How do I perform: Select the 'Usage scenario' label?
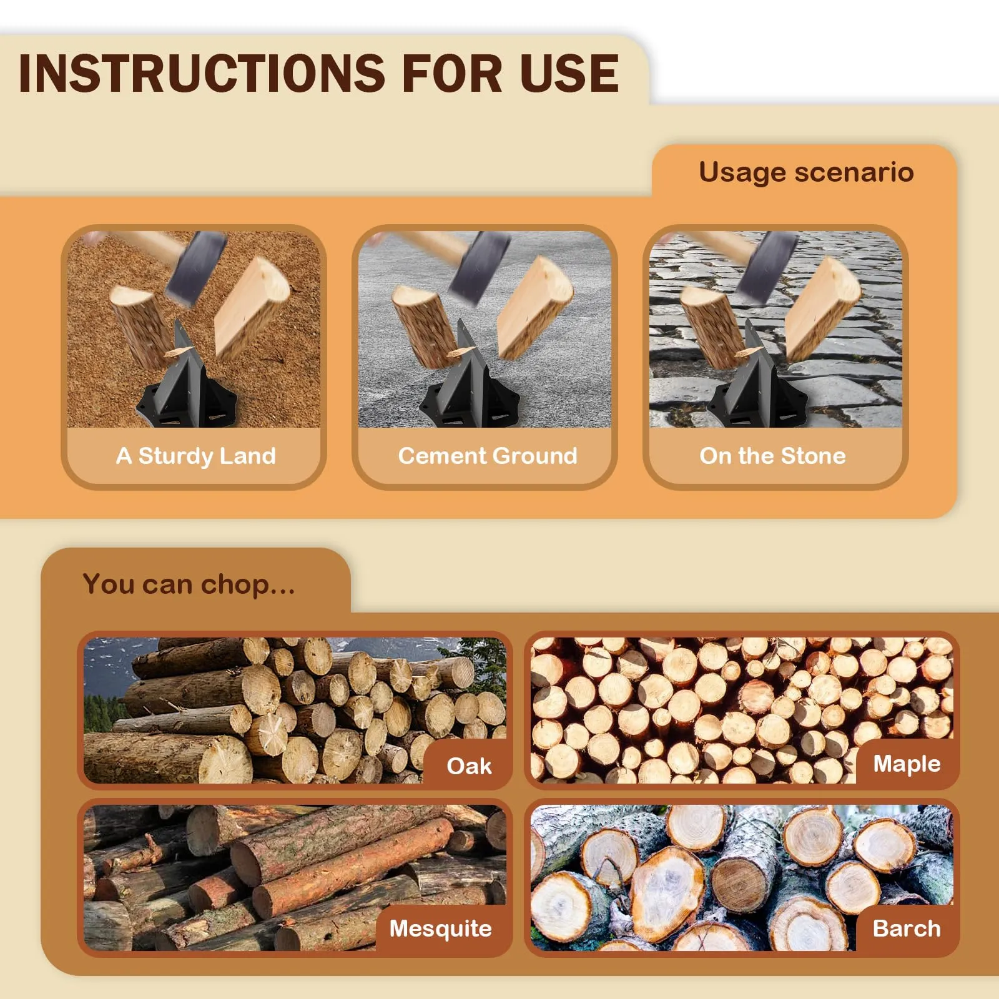click(806, 172)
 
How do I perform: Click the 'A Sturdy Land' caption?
click(195, 456)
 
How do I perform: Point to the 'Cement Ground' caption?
click(488, 456)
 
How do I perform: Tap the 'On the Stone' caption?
click(772, 456)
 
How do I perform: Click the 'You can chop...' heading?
click(189, 584)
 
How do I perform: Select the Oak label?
click(469, 765)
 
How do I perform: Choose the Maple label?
click(907, 763)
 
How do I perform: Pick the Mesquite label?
click(440, 928)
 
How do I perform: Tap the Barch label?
click(907, 928)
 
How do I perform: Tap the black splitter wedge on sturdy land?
click(186, 387)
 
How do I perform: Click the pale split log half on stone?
click(821, 306)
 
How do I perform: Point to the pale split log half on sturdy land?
click(250, 306)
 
